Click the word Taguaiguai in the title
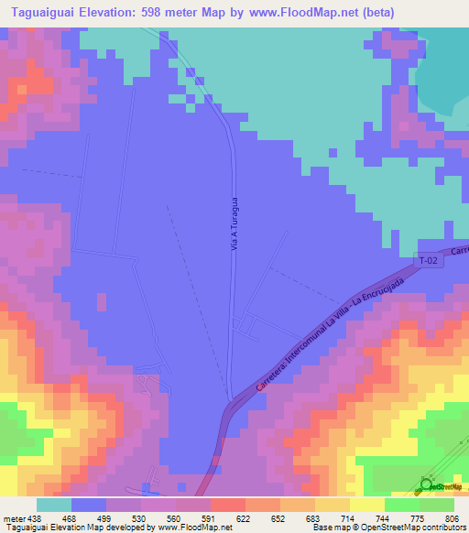[x=45, y=13]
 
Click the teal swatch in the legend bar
[x=53, y=505]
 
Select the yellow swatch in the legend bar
[x=366, y=505]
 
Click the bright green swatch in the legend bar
[x=401, y=505]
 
